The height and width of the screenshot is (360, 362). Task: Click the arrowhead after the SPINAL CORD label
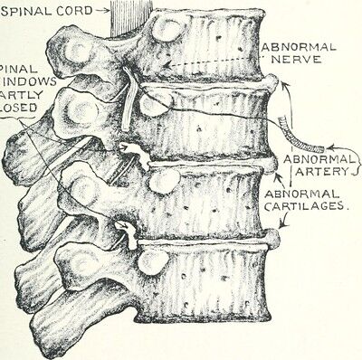pyautogui.click(x=106, y=14)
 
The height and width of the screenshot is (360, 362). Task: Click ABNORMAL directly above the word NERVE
pyautogui.click(x=298, y=46)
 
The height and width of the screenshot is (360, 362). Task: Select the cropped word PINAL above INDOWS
pyautogui.click(x=17, y=67)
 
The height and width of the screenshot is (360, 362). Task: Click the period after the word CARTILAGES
pyautogui.click(x=350, y=210)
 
